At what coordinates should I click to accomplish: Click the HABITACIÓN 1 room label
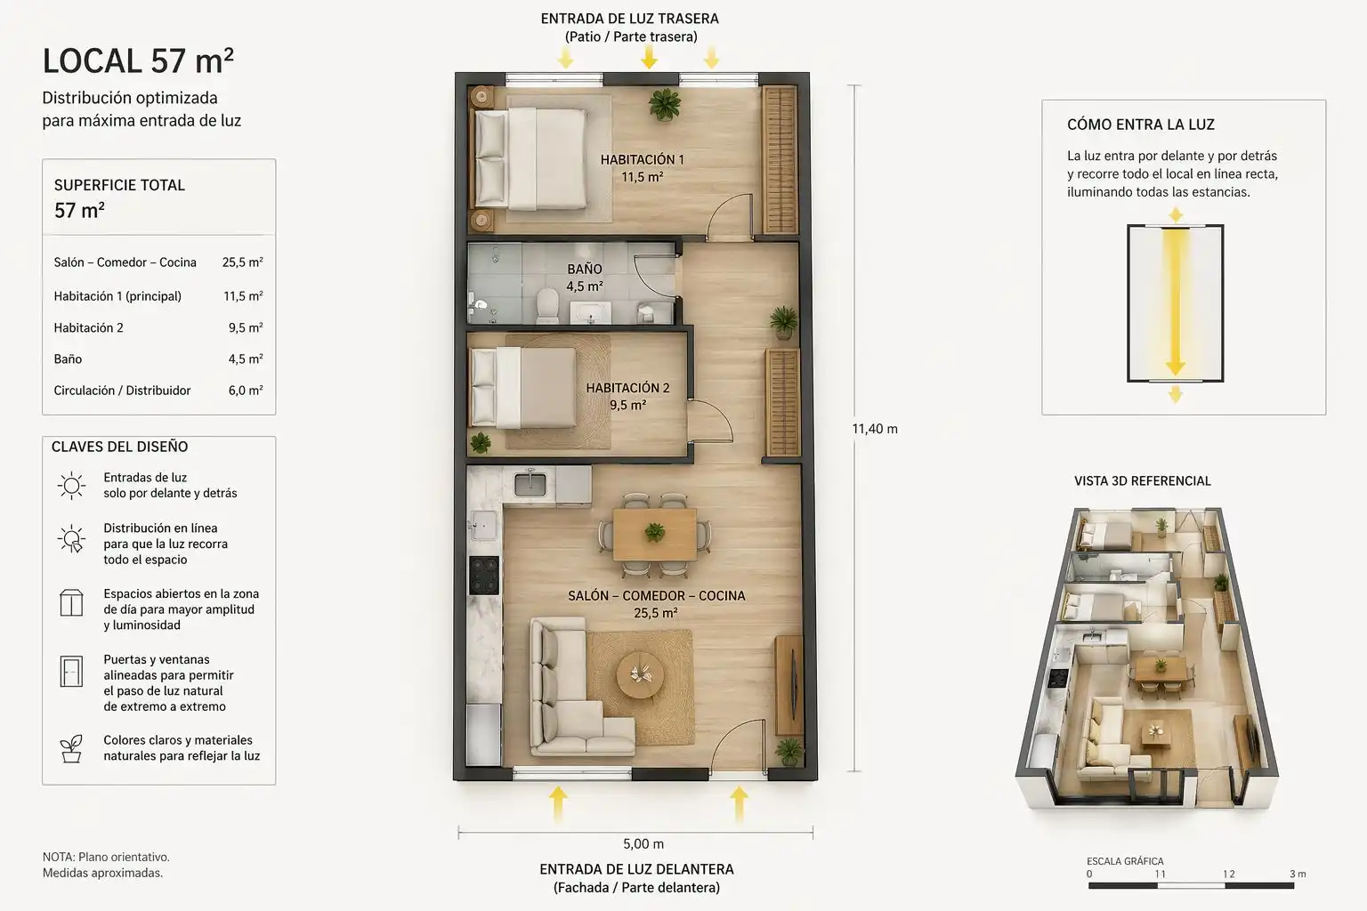click(x=642, y=159)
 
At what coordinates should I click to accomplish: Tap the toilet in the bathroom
click(x=547, y=306)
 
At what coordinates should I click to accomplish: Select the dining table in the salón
click(x=654, y=535)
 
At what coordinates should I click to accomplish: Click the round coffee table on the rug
click(x=640, y=674)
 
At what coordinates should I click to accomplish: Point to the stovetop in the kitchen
click(x=484, y=576)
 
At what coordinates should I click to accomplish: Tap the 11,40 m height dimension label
click(x=875, y=429)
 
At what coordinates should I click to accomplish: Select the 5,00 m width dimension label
click(x=643, y=844)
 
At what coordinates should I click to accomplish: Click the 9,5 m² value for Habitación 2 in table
click(x=246, y=327)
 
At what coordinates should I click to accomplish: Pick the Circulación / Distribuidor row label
click(x=122, y=391)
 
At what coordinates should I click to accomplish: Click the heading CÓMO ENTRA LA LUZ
click(x=1141, y=125)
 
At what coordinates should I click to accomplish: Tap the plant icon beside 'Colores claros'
click(x=71, y=749)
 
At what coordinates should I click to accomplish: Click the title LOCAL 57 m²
click(x=138, y=61)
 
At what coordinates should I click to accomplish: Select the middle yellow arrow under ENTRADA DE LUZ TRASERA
click(x=650, y=57)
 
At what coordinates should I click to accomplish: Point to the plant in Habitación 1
click(x=665, y=104)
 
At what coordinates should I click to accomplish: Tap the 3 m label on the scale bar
click(x=1298, y=874)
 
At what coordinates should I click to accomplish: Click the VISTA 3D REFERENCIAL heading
click(x=1143, y=480)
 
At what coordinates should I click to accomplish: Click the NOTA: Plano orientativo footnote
click(x=106, y=858)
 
